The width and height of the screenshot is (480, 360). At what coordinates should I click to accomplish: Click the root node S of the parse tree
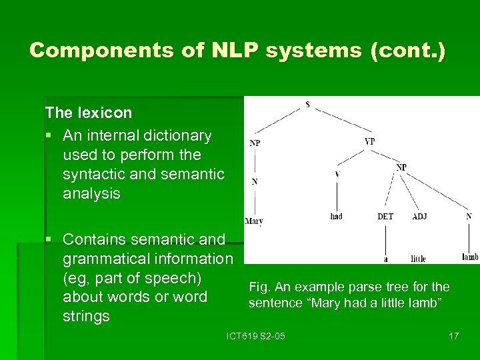[x=307, y=105]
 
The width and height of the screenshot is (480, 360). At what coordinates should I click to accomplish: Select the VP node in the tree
[x=370, y=141]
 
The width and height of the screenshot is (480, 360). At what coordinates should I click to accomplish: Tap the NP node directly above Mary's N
[x=255, y=143]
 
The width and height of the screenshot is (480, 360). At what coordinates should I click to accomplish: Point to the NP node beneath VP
[x=401, y=167]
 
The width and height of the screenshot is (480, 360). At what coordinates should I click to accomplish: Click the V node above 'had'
[x=337, y=175]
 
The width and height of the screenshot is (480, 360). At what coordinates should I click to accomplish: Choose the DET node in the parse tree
[x=385, y=217]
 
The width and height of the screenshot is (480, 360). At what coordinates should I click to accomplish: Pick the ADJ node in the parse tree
[x=420, y=217]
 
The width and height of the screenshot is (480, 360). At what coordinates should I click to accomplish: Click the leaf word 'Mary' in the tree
[x=254, y=221]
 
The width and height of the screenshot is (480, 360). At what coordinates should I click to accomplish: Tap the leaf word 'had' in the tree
[x=337, y=217]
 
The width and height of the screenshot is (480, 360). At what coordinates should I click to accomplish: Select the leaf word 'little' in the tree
[x=419, y=259]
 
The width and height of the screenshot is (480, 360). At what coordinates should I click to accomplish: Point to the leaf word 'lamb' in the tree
[x=470, y=257]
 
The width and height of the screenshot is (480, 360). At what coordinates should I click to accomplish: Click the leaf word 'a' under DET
[x=385, y=259]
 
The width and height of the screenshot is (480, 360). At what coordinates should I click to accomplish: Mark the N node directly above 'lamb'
[x=469, y=216]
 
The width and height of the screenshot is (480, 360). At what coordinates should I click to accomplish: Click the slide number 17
[x=453, y=335]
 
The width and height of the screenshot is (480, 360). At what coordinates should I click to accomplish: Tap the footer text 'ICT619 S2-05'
[x=256, y=335]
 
